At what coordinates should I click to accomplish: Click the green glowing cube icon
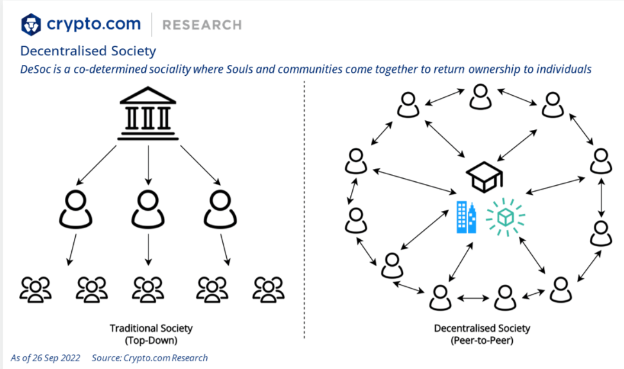coord(505,216)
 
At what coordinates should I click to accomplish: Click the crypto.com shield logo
coord(31,24)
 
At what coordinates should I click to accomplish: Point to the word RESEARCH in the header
coord(202,25)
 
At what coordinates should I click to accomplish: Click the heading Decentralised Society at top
coord(88,50)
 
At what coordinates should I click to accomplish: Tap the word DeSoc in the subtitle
coord(37,69)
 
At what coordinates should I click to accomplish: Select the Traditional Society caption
coord(150,328)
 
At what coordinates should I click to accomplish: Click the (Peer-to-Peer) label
coord(482,340)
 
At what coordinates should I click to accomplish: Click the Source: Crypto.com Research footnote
coord(150,357)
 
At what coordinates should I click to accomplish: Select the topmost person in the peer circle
coord(479,96)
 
